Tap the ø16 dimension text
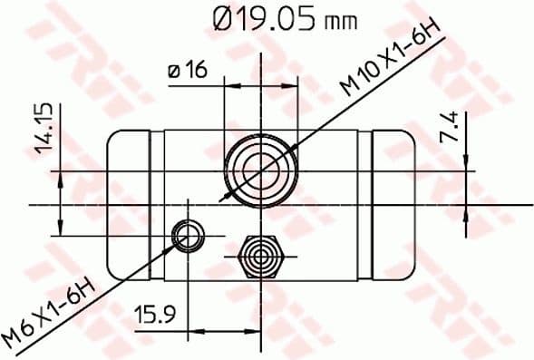(x=188, y=69)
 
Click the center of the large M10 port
(x=261, y=170)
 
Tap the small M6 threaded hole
(x=187, y=236)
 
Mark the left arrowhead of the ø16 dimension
(x=229, y=86)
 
